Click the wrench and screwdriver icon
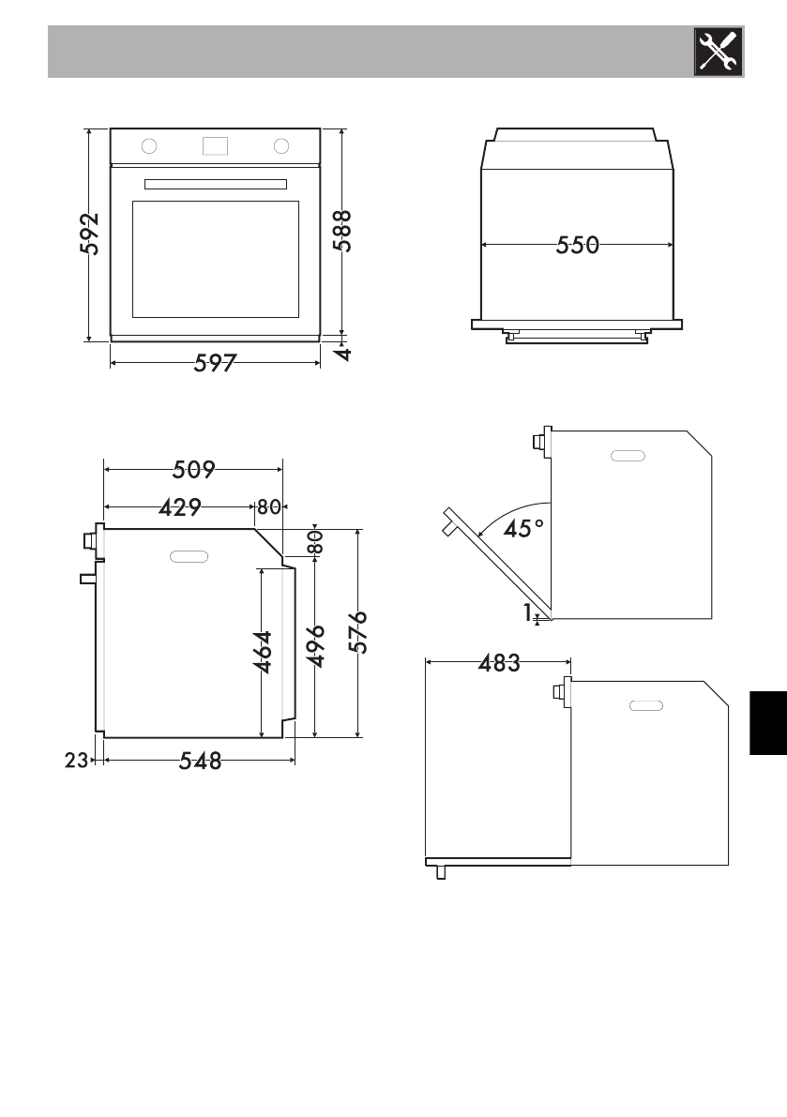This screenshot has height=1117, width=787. [x=718, y=52]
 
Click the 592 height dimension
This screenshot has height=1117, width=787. [x=90, y=234]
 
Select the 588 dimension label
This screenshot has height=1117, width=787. [x=342, y=231]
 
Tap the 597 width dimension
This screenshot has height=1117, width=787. [x=215, y=363]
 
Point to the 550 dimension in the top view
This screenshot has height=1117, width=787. [x=578, y=245]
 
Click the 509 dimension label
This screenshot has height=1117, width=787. [x=194, y=470]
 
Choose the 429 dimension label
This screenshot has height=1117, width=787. [x=180, y=507]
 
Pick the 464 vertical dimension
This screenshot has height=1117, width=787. [x=263, y=652]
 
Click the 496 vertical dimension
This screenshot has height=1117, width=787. [x=315, y=646]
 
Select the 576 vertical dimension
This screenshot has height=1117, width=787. [x=358, y=632]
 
